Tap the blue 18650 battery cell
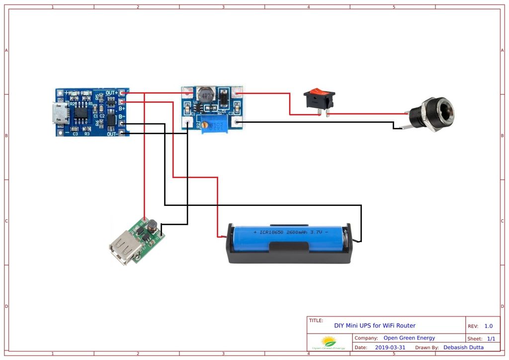tap(288, 238)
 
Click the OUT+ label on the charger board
tap(112, 93)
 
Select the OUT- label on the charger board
tap(112, 134)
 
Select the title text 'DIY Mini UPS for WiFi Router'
tap(375, 326)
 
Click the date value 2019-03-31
tap(390, 348)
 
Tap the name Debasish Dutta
tap(463, 348)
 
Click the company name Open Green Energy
tap(409, 338)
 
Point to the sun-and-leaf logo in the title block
tap(329, 342)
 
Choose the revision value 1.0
tap(489, 326)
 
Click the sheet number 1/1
tap(491, 339)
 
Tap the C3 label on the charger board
tap(75, 134)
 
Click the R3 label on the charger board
tap(86, 134)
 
